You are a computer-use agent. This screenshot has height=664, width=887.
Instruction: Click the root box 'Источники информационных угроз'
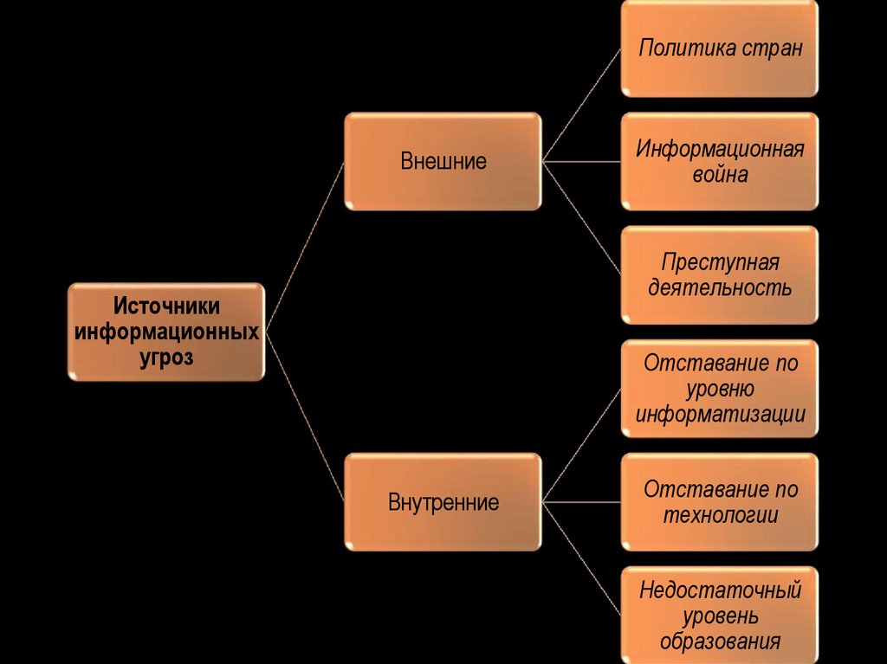coord(165,332)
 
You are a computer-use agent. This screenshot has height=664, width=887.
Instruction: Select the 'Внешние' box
coord(443,161)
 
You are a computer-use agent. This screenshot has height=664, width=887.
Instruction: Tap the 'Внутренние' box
coord(443,502)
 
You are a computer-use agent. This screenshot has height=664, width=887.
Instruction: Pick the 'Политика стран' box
coord(719,48)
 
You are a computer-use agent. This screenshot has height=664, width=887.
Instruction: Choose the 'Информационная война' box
coord(719,161)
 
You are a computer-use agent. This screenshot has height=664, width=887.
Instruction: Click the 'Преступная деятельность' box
coord(719,274)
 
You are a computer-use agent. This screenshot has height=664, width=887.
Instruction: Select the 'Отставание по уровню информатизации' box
coord(719,389)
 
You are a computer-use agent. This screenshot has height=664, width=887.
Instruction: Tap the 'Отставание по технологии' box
coord(719,502)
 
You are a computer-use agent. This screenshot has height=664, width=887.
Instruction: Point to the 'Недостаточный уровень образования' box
coord(719,616)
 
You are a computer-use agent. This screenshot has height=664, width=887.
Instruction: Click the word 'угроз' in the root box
coord(166,357)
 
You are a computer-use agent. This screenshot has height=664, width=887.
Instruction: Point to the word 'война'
coord(720,174)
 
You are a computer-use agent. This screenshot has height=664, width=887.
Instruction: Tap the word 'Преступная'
coord(720,261)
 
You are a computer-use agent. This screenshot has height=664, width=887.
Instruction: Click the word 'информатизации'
coord(720,414)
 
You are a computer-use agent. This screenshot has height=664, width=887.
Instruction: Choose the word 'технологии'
coord(720,515)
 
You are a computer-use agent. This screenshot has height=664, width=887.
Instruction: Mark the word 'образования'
coord(720,641)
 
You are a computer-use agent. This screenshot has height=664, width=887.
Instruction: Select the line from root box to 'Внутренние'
coord(305,417)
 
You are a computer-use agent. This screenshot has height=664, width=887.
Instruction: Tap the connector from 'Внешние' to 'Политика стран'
coord(581,104)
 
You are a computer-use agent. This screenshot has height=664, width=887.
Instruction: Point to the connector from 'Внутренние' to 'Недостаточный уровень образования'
coord(581,558)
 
